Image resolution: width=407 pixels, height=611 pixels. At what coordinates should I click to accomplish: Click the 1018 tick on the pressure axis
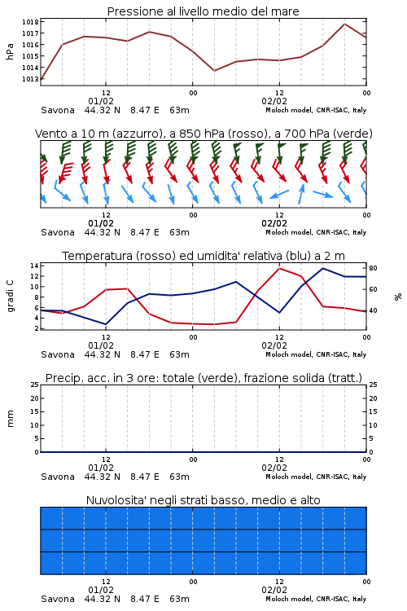30,22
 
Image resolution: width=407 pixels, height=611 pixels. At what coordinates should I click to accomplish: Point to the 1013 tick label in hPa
30,79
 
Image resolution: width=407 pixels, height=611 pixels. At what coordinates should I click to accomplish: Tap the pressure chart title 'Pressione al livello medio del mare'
203,11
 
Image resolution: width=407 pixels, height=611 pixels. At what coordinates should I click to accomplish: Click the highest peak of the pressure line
344,24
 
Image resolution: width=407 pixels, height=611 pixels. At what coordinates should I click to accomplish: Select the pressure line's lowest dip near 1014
214,71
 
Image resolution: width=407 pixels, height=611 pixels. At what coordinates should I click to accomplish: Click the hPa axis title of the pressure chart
10,51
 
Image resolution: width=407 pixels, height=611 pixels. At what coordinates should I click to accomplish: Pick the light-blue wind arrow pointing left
279,194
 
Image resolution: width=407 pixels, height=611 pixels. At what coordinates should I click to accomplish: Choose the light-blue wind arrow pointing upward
301,194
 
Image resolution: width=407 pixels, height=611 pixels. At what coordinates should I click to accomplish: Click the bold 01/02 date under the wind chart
101,223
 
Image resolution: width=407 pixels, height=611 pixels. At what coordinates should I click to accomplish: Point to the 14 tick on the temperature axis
34,266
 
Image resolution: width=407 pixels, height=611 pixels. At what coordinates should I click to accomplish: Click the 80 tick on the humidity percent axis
373,268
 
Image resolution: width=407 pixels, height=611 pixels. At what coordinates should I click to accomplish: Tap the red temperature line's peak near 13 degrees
279,268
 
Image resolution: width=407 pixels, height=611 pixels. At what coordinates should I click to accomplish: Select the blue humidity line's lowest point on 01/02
106,324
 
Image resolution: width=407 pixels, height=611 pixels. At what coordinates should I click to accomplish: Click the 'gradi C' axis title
10,297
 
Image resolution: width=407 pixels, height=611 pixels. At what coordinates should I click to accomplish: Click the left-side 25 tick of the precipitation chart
34,385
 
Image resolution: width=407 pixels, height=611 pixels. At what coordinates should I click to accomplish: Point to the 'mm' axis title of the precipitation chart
10,419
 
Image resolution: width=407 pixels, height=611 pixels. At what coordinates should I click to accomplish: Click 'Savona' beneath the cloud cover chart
58,599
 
